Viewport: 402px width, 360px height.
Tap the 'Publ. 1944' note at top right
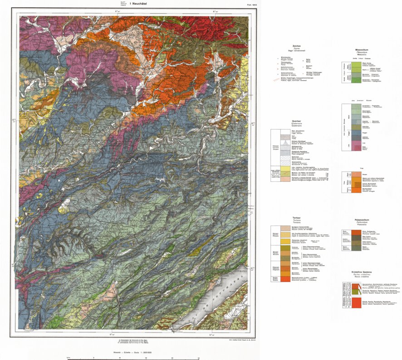click(239, 5)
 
